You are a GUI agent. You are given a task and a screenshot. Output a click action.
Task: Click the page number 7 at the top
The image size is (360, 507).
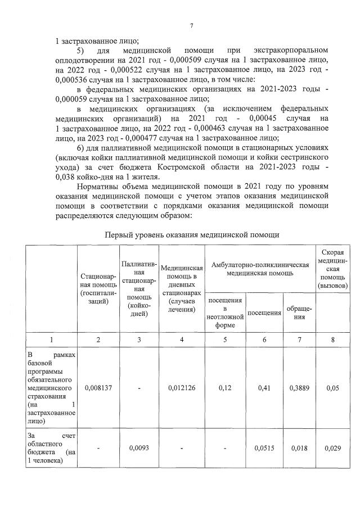pyautogui.click(x=191, y=26)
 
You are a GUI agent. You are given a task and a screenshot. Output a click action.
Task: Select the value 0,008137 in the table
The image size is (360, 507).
pyautogui.click(x=98, y=387)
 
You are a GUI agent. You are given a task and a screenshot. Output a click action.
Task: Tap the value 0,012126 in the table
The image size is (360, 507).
pyautogui.click(x=182, y=387)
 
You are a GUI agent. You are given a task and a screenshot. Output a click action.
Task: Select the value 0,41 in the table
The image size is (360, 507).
pyautogui.click(x=264, y=387)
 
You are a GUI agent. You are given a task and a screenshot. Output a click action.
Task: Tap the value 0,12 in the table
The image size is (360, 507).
pyautogui.click(x=225, y=387)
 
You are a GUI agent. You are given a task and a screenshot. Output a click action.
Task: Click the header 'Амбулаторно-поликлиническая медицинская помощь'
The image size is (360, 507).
pyautogui.click(x=260, y=269)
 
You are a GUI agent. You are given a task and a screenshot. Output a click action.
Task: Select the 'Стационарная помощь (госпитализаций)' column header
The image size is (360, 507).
pyautogui.click(x=98, y=289)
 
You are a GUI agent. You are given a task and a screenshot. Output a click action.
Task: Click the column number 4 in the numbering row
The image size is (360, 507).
pyautogui.click(x=182, y=339)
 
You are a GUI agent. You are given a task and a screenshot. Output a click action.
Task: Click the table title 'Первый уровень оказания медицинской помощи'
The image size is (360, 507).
pyautogui.click(x=192, y=234)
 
